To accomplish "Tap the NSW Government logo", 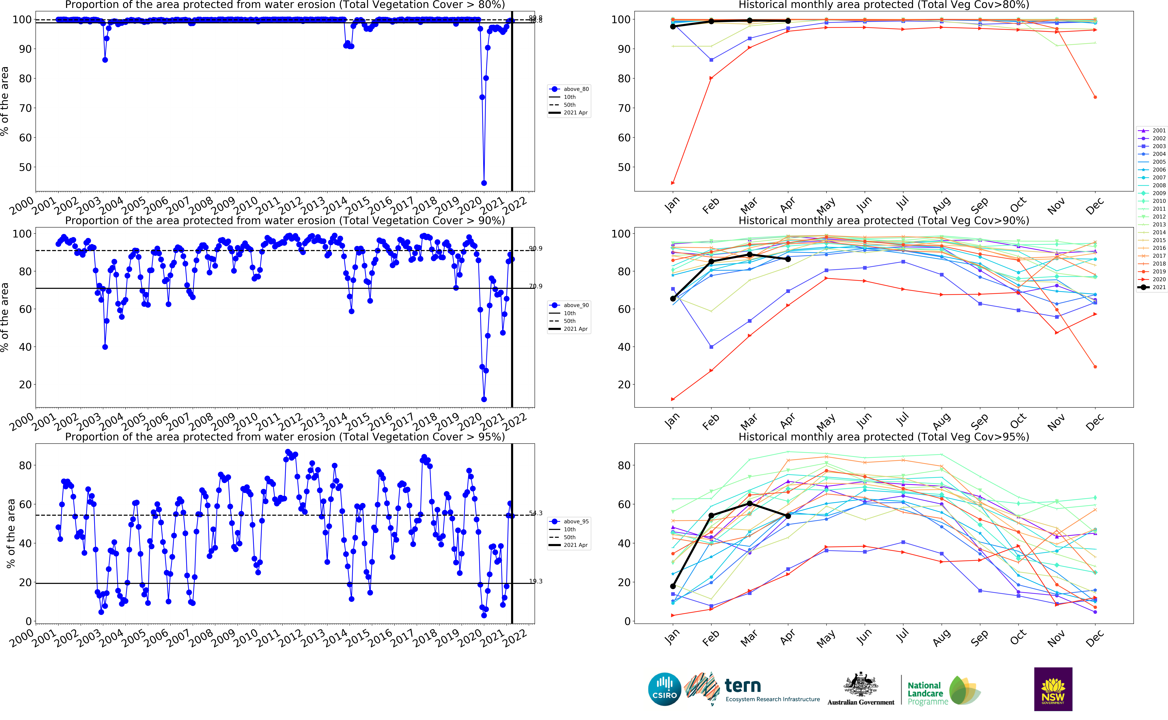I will [1053, 689].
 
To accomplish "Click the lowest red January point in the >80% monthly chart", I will [673, 183].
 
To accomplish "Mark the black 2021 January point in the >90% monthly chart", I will [673, 299].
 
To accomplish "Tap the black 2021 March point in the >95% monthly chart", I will [750, 503].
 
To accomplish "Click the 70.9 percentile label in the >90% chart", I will [535, 286].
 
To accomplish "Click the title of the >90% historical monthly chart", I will [883, 221].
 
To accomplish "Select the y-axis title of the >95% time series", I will [10, 533].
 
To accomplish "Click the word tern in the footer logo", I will [742, 686].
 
